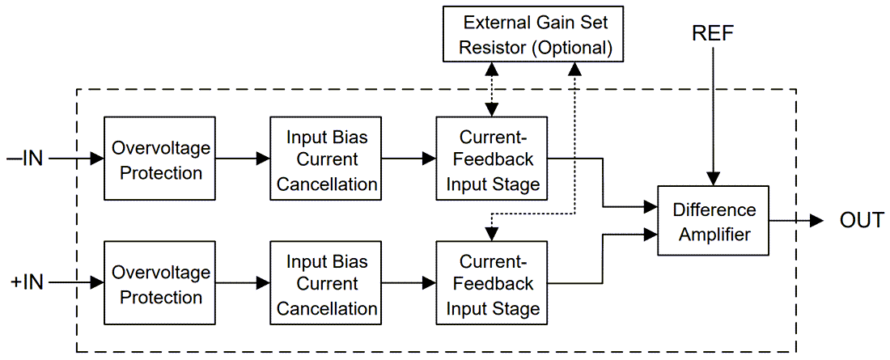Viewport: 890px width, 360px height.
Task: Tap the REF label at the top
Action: pos(713,33)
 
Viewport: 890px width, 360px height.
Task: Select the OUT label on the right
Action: pos(861,220)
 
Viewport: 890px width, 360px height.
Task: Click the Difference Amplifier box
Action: pos(713,221)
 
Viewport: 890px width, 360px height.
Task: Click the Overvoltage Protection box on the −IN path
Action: pos(160,159)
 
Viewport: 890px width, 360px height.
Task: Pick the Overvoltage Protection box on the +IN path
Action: pos(160,283)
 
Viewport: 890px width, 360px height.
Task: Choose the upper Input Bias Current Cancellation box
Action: pos(326,159)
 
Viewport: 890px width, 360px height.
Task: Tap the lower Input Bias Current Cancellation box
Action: pos(326,283)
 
